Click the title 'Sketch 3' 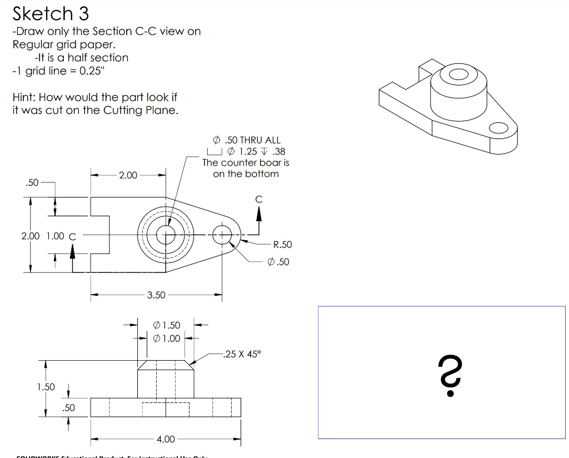[51, 13]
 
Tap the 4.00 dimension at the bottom [166, 439]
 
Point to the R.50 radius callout [283, 245]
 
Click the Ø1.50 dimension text [166, 325]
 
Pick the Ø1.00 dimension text [166, 338]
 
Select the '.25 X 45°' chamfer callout [241, 354]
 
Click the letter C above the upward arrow [258, 199]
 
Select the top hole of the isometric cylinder [458, 74]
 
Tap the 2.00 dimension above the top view [128, 175]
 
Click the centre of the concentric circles [165, 235]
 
